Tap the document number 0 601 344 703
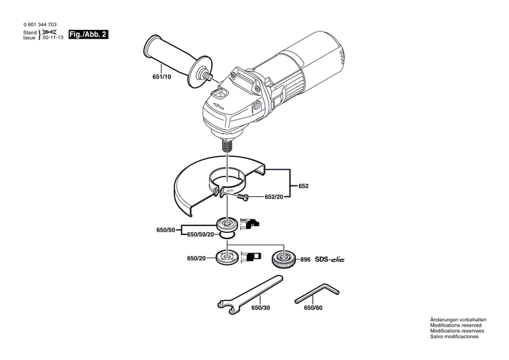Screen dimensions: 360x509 click(x=45, y=24)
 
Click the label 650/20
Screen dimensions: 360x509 click(x=197, y=259)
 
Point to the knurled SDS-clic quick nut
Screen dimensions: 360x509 click(x=281, y=258)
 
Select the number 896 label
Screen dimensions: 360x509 click(x=305, y=259)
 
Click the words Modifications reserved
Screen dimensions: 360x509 click(x=454, y=325)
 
